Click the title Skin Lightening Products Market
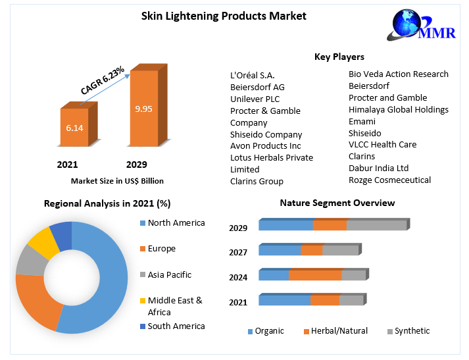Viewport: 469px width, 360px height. tap(224, 16)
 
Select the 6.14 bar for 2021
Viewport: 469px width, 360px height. tap(74, 128)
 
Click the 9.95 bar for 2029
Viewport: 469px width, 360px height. tap(143, 109)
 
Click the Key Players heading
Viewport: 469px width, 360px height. tap(339, 57)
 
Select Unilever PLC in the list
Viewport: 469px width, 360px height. tap(255, 99)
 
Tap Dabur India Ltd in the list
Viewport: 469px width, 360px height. tap(378, 168)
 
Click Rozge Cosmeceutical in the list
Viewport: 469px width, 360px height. tap(389, 180)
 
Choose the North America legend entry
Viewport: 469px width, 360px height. tap(176, 223)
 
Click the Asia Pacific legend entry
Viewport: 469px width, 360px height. tap(169, 274)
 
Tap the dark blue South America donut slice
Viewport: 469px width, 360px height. tap(61, 236)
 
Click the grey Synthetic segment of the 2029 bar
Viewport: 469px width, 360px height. tap(376, 226)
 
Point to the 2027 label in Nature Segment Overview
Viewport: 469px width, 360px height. tap(238, 252)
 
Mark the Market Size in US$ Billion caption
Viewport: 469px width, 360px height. tap(117, 181)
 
